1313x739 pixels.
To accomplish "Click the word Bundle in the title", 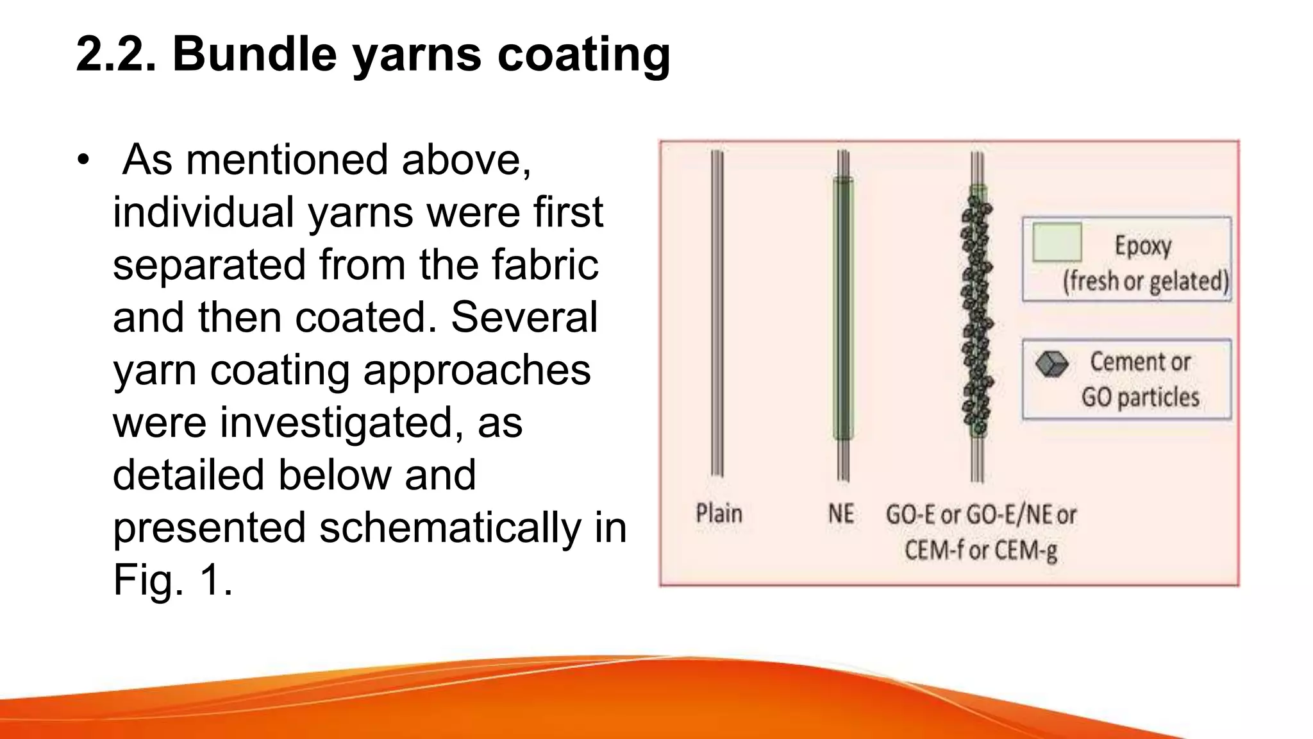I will point(255,53).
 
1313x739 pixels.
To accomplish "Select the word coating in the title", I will point(583,55).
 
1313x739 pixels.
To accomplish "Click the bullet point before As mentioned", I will point(82,160).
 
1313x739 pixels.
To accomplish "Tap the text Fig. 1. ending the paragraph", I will point(172,580).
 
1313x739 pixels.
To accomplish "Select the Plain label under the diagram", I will point(719,514).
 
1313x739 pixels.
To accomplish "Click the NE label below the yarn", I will point(840,514).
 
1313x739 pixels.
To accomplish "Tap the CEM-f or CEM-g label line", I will point(980,550).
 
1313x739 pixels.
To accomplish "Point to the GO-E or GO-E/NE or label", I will point(980,514).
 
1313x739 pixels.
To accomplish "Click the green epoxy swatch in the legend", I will point(1057,242).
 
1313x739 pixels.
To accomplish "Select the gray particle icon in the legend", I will point(1051,364).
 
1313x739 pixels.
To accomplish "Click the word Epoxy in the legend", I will point(1142,246).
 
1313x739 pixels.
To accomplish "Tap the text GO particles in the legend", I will point(1140,397).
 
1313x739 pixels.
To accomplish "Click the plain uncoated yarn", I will point(717,314).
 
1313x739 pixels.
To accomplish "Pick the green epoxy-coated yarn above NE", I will point(843,308).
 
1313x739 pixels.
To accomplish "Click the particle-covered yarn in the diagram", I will point(976,314).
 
